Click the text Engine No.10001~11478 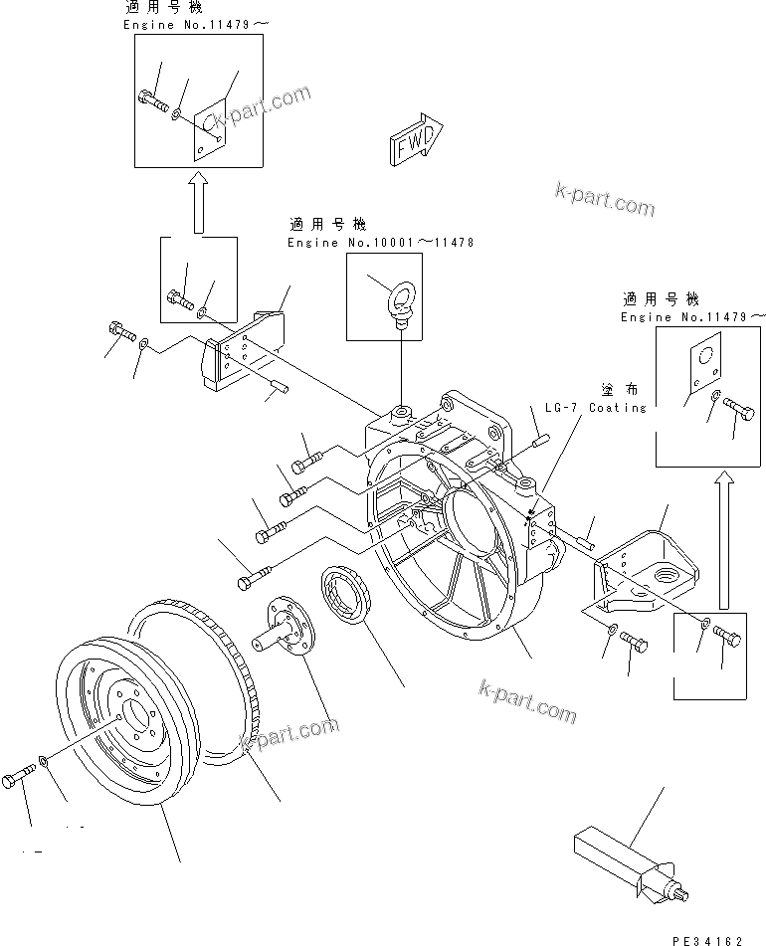point(381,243)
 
